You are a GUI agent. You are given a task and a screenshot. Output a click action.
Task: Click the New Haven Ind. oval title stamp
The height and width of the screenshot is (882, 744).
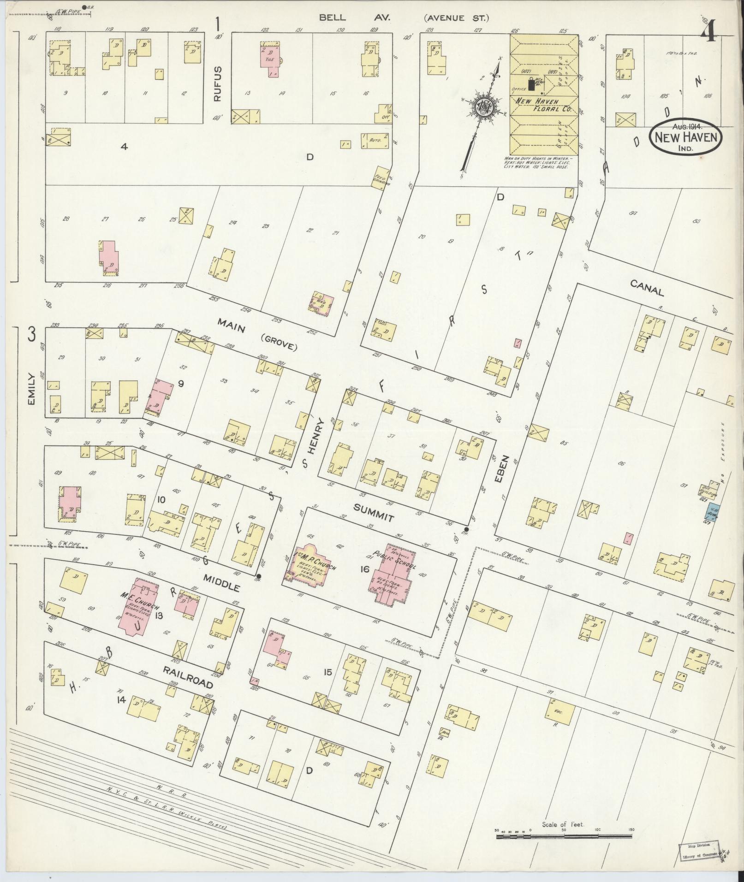click(686, 137)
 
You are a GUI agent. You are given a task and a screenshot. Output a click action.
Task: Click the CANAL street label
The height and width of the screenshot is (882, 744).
click(647, 290)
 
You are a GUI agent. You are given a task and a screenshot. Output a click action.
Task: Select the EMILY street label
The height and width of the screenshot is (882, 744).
click(31, 395)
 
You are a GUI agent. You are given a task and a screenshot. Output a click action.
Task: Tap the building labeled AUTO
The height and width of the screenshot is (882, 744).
click(374, 139)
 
